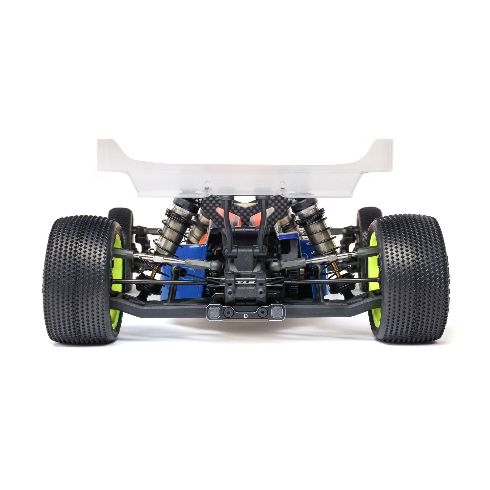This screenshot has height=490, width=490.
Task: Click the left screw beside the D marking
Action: tap(228, 312)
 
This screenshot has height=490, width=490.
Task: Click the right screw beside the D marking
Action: tap(262, 312)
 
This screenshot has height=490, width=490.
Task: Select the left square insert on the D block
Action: tap(213, 312)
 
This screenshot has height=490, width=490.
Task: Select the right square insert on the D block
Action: tap(277, 312)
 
